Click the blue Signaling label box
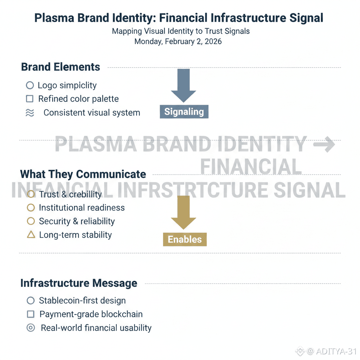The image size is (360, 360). [x=184, y=112]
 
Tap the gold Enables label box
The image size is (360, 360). [x=185, y=239]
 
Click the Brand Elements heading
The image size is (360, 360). [x=60, y=67]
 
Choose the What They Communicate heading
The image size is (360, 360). [x=83, y=174]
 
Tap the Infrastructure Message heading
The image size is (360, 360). [x=79, y=283]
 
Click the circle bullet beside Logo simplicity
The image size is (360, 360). [x=30, y=85]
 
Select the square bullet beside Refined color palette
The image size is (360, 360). [x=30, y=99]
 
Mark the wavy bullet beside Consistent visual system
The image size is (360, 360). [x=30, y=113]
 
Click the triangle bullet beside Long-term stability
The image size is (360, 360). [x=31, y=235]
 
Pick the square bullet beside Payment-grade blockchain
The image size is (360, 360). [x=31, y=314]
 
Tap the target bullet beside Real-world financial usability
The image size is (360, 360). [x=31, y=328]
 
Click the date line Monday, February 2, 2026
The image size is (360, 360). [x=178, y=41]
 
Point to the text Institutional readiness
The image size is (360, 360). [x=82, y=208]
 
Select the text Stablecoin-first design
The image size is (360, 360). [x=82, y=301]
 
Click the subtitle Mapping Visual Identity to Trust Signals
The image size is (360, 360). [x=181, y=31]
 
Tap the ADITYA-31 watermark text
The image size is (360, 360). [x=336, y=351]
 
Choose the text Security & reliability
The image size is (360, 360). [x=77, y=221]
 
